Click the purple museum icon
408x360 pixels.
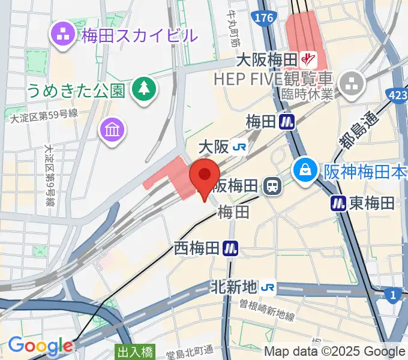[112, 128]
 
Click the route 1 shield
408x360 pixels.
[393, 295]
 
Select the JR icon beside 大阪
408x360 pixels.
[241, 147]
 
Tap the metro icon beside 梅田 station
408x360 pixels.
[287, 121]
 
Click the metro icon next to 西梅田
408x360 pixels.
[230, 247]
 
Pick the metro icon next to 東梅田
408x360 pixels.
[338, 203]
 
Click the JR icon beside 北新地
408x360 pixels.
[268, 287]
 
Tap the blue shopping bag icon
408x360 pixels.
[306, 171]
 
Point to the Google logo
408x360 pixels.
[40, 346]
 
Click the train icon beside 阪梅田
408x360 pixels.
[272, 185]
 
